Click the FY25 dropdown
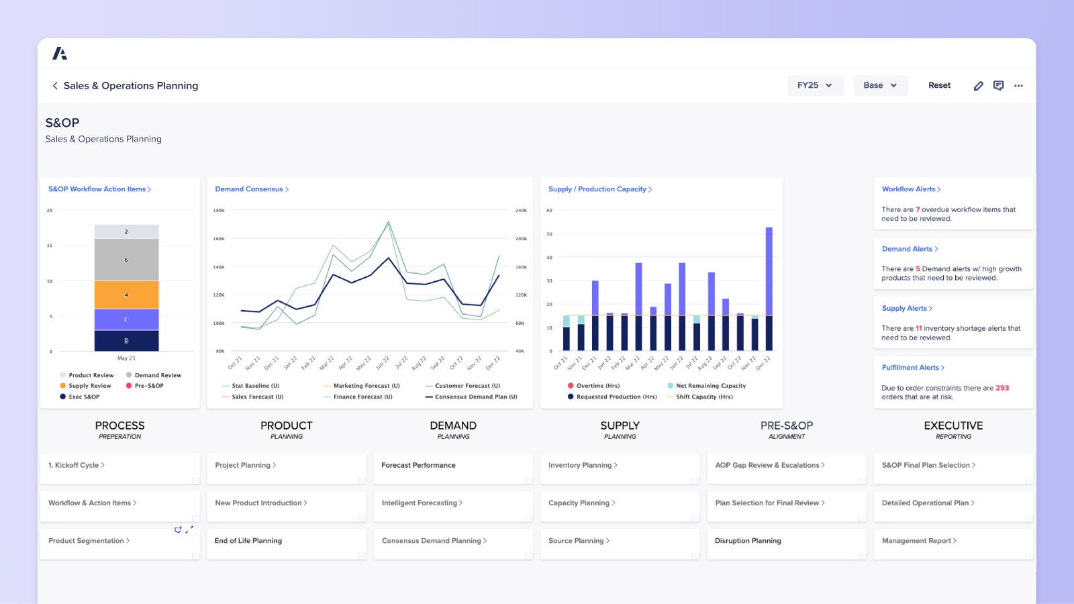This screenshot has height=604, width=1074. click(x=815, y=85)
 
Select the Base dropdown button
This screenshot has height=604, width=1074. click(x=880, y=85)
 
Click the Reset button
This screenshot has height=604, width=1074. click(x=939, y=85)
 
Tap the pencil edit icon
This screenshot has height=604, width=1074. click(x=979, y=86)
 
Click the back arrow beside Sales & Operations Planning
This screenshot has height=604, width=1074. click(x=55, y=86)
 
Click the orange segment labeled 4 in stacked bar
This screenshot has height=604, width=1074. click(x=126, y=295)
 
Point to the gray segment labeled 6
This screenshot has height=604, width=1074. click(x=126, y=260)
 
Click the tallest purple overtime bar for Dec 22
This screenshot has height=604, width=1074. click(x=769, y=270)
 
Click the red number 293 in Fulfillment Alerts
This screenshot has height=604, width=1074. click(x=1002, y=388)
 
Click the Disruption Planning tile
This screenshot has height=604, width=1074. click(x=748, y=541)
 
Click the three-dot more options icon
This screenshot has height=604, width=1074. click(x=1018, y=86)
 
